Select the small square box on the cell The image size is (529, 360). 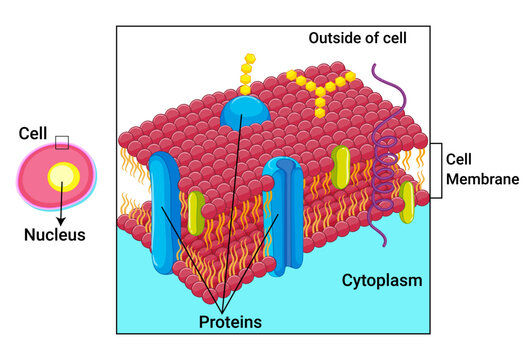tap(62, 142)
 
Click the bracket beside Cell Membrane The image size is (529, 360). tap(436, 170)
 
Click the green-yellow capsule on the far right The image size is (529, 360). tap(407, 200)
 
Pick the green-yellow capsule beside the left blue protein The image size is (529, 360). tap(196, 211)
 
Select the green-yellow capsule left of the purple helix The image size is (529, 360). tap(342, 168)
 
